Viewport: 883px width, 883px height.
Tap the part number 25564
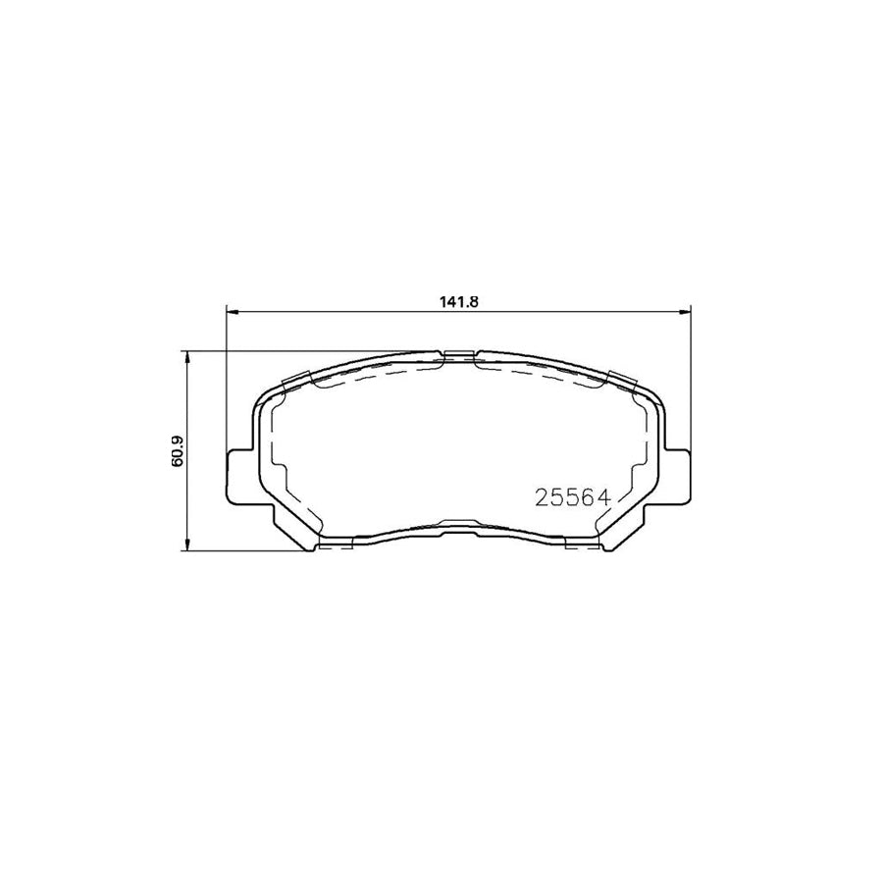tap(573, 497)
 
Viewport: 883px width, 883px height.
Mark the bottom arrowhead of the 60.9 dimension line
tap(186, 545)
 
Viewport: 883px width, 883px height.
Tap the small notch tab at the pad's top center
tap(458, 355)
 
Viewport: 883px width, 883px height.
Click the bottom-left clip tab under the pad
tap(337, 543)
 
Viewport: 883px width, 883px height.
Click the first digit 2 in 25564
tap(541, 497)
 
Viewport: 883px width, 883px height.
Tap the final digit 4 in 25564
tap(605, 497)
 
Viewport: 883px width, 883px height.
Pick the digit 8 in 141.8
tap(473, 303)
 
